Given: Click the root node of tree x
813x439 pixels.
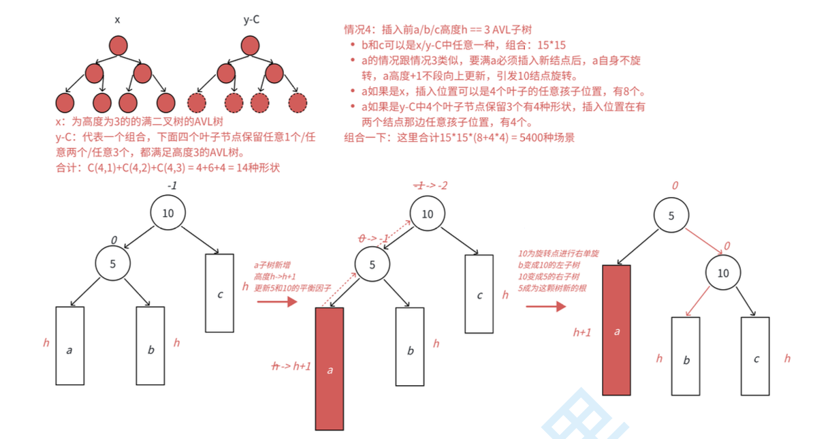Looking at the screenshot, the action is (x=118, y=45).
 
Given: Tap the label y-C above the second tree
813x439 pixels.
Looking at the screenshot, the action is (x=252, y=20).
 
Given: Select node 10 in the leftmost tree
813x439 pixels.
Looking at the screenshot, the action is (x=168, y=213).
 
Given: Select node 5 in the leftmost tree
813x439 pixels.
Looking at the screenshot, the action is (x=113, y=263).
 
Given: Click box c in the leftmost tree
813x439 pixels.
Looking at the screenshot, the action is (x=220, y=294).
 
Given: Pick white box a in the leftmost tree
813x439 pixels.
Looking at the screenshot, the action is (x=69, y=345).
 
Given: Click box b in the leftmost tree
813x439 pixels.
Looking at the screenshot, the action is (x=150, y=345).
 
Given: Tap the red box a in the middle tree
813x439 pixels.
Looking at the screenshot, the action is (x=330, y=369).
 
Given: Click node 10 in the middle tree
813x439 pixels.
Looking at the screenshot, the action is (x=428, y=214).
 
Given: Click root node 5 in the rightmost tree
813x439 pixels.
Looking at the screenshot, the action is (x=671, y=215).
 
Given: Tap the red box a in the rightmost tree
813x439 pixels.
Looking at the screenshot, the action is (x=617, y=330).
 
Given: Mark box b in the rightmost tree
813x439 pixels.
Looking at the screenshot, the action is (x=686, y=357).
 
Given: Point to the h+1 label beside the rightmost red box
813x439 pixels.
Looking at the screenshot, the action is (x=584, y=332).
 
